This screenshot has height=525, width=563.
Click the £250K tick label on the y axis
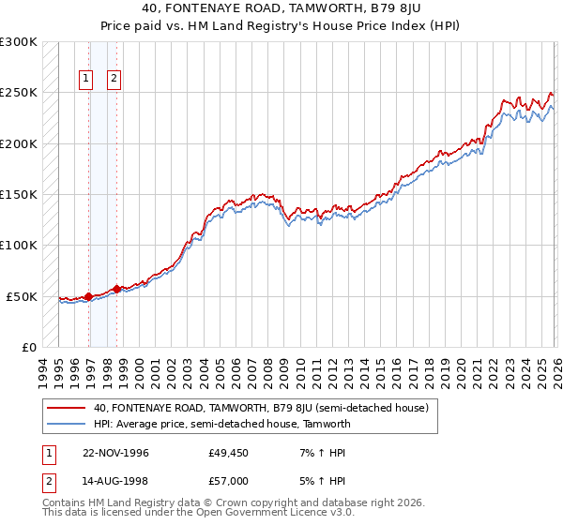coord(19,93)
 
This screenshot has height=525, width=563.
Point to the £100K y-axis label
coord(19,245)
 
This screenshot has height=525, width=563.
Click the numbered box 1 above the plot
coord(86,80)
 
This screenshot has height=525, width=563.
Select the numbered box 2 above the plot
coord(114,80)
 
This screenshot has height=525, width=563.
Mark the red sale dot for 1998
coord(116,289)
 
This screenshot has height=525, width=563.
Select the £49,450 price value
coord(229,453)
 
